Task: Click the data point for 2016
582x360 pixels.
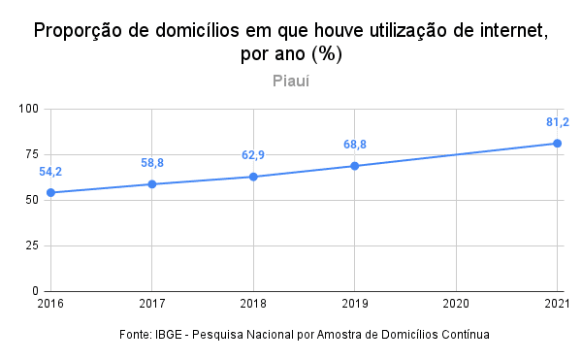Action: (50, 193)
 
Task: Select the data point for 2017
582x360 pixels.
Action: (152, 184)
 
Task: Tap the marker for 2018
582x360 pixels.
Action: (253, 177)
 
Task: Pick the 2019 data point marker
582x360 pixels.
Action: (354, 166)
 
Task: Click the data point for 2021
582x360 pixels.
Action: (557, 144)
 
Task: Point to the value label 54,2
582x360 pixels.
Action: (50, 172)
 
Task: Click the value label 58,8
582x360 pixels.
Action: (152, 163)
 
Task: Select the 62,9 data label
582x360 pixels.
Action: (253, 155)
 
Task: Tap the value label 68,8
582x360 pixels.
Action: (355, 145)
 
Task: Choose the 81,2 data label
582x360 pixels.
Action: (558, 122)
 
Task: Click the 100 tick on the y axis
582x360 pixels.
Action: (28, 109)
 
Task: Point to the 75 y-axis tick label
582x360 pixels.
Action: (32, 154)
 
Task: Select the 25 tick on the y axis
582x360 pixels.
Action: (32, 245)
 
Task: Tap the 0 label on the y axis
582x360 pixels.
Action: (35, 291)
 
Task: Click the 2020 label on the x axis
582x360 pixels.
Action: (456, 304)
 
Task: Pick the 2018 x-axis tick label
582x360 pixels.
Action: (253, 304)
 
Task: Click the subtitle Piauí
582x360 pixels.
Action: (291, 81)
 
